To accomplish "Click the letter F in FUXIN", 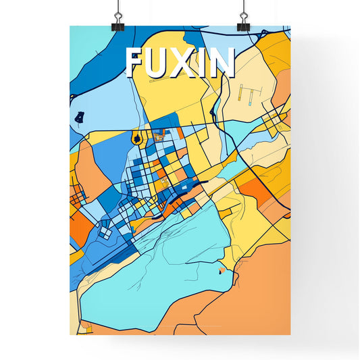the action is pyautogui.click(x=135, y=63).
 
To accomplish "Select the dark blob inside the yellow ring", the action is pyautogui.click(x=137, y=139).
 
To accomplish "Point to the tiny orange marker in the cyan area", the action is pyautogui.click(x=222, y=272).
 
